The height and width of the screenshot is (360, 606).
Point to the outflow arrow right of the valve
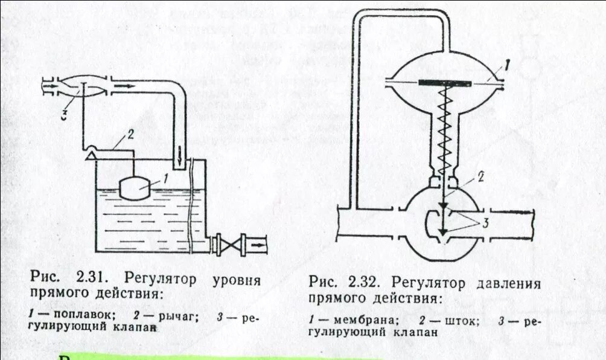(x=259, y=245)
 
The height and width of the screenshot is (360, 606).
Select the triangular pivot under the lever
(x=91, y=155)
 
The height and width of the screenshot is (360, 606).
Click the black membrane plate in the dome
(x=445, y=82)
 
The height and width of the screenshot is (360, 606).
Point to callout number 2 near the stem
(x=481, y=176)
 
